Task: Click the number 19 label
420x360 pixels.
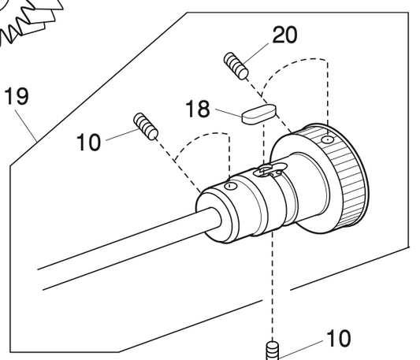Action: [16, 97]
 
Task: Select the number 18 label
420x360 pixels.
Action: [199, 108]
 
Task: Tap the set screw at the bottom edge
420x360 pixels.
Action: [272, 350]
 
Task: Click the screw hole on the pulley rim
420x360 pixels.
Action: [327, 140]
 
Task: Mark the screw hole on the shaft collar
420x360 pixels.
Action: [229, 187]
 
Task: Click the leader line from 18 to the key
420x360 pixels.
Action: [228, 112]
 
